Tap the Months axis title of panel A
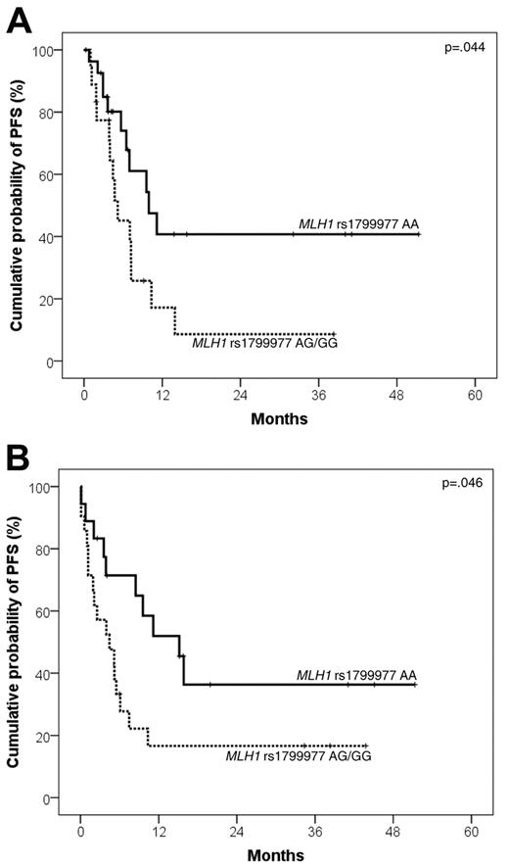[279, 418]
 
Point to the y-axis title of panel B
[18, 641]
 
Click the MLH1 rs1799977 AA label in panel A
[359, 225]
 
